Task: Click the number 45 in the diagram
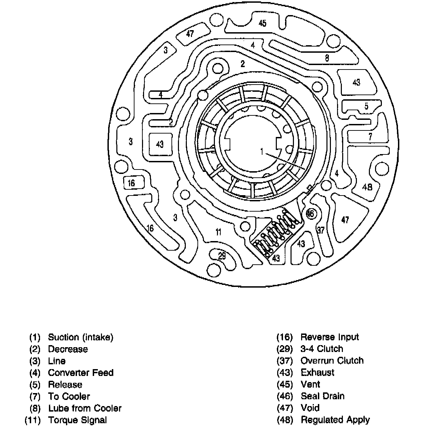coord(262,23)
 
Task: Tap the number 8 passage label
coord(327,58)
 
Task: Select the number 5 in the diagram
coord(366,106)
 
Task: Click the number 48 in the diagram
coord(367,187)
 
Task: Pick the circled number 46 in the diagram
coord(310,214)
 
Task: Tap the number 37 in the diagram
coord(321,230)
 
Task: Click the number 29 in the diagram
coord(222,256)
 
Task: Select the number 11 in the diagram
coord(218,232)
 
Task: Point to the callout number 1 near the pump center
coord(262,151)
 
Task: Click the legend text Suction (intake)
coord(80,337)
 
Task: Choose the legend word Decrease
coord(68,349)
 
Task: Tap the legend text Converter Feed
coord(80,373)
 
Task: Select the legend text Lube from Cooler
coord(85,408)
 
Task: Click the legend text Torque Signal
coord(77,420)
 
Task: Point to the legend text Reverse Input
coord(330,337)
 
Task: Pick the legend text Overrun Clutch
coord(332,361)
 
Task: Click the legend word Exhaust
coord(317,372)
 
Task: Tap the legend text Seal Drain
coord(322,396)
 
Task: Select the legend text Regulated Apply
coord(335,420)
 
